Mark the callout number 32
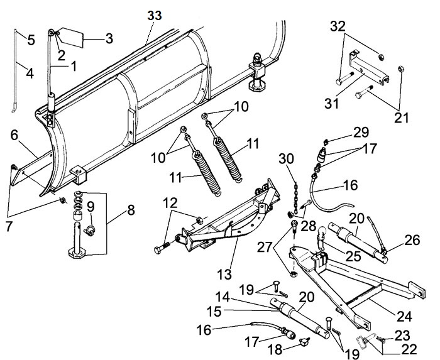click(x=338, y=28)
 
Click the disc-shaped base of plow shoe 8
click(x=80, y=253)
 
